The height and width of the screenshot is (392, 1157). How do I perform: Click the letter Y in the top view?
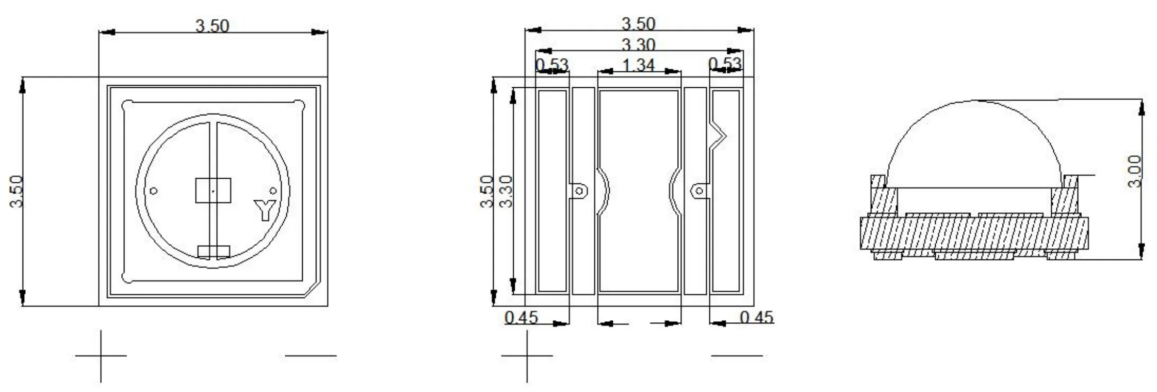pos(265,210)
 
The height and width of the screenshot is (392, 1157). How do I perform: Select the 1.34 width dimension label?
pos(638,66)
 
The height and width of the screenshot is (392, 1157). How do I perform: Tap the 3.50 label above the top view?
pos(212,25)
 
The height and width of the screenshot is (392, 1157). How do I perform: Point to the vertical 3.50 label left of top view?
pos(17,191)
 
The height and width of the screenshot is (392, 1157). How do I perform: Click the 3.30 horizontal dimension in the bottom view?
pos(638,45)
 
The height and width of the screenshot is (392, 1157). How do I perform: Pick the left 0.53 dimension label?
pos(551,65)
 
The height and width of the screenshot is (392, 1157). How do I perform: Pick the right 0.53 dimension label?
pos(725,64)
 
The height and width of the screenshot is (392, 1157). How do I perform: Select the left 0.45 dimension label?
pos(521,317)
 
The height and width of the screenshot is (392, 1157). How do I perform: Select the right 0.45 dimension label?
pos(757,317)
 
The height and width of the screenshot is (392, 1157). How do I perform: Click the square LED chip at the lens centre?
pos(213,191)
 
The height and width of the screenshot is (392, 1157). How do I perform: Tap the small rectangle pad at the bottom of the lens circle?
pos(213,252)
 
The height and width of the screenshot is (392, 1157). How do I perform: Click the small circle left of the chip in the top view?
pos(153,191)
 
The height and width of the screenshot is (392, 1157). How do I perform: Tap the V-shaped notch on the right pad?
pos(720,136)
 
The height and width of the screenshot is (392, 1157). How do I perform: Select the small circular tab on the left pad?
pos(579,191)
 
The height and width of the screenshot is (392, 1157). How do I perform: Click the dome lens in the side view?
pos(974,145)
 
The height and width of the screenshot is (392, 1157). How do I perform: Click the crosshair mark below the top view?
pos(101,355)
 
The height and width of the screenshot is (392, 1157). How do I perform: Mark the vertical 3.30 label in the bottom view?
pos(507,191)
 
